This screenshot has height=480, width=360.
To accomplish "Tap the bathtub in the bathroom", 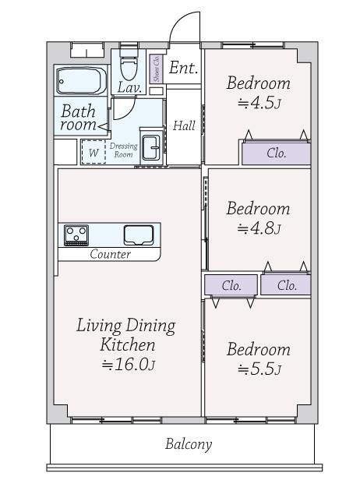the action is click(81, 81).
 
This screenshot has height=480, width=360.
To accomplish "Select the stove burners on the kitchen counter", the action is click(76, 235).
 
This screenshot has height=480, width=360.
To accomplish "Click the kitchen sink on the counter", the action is click(139, 235).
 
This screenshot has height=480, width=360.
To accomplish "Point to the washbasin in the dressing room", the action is click(151, 147).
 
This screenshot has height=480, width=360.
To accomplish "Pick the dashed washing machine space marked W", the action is click(94, 152).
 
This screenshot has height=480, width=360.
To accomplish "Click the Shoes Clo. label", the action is click(157, 69).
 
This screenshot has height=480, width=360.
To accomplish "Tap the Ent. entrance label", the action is click(183, 68).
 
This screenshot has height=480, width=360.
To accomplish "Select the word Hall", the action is click(184, 125).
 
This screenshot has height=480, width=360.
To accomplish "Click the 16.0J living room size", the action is click(129, 365).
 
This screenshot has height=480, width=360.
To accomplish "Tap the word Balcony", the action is click(189, 444).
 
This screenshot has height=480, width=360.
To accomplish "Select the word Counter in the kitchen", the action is click(110, 254).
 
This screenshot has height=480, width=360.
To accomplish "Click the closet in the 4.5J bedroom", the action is click(276, 153).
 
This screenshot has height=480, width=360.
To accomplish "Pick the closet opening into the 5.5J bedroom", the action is click(231, 285).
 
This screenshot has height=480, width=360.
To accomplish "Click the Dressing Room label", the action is click(123, 150).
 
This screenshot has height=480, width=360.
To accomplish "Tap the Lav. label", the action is click(130, 88).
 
